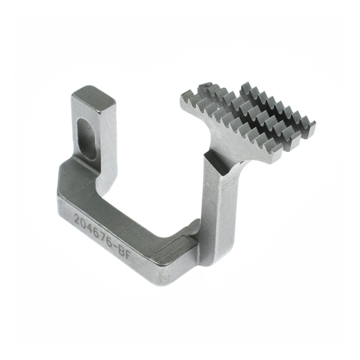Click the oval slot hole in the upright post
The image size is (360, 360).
point(86,137)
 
